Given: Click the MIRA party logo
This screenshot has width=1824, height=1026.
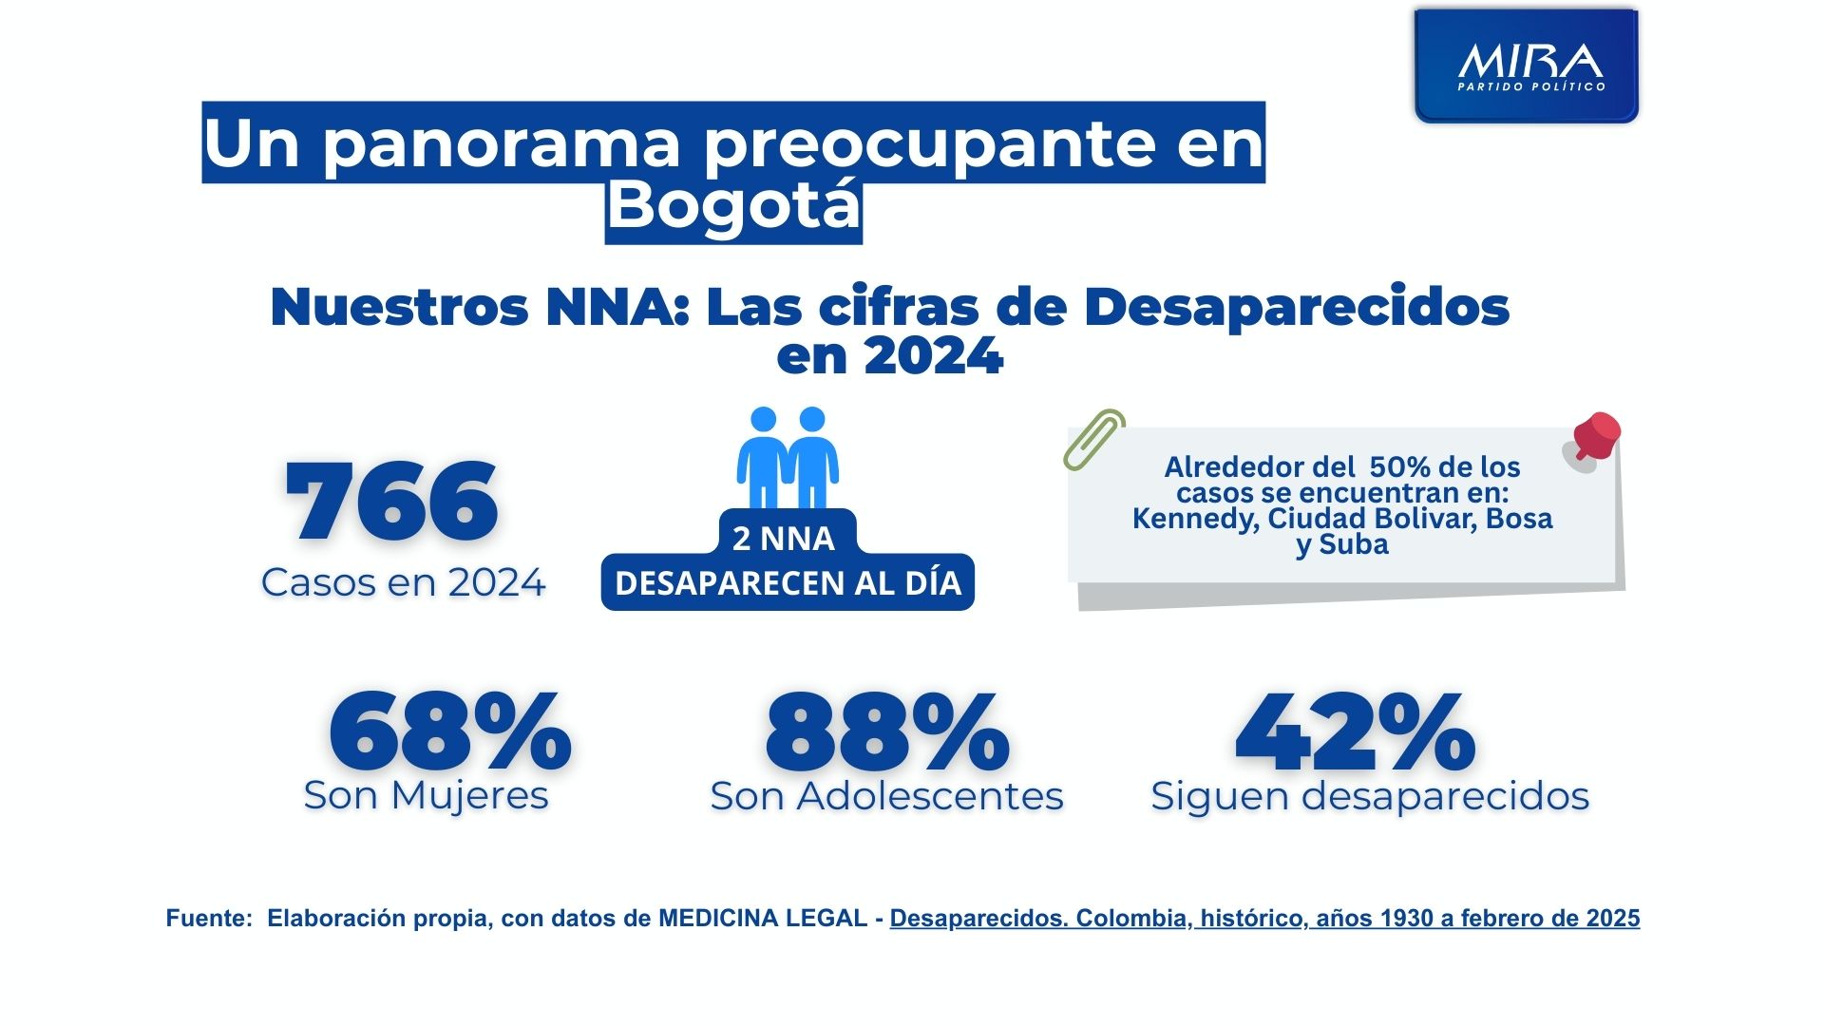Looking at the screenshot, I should (x=1527, y=66).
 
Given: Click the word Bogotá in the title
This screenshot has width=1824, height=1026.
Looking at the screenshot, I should (x=733, y=205).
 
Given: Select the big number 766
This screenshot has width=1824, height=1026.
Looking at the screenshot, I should (x=391, y=502).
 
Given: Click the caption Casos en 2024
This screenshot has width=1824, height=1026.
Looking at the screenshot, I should (x=403, y=582).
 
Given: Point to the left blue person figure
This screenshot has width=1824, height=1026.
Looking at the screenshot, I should (x=762, y=458).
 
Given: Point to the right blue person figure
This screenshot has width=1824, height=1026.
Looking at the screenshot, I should (x=813, y=458).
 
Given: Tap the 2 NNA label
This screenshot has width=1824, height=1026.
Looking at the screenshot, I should (x=783, y=539).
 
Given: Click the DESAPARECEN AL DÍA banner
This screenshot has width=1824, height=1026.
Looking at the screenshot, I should (x=788, y=582).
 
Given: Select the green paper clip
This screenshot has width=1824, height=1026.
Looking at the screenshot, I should (x=1093, y=440).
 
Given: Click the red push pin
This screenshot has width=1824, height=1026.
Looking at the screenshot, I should (x=1594, y=436).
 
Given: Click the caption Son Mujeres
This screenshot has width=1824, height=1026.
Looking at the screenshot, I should (x=426, y=795).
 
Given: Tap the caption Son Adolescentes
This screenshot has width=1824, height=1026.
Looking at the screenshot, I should (x=886, y=796).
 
